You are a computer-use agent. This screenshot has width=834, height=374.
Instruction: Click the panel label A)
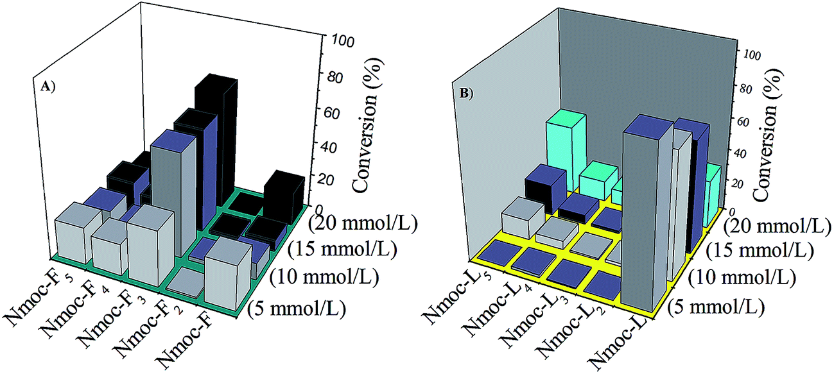point(48,87)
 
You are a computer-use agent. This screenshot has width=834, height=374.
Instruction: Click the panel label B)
point(465,93)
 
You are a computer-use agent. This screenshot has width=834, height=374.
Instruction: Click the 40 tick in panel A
point(327,147)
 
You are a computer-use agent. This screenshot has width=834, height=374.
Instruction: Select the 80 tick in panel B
point(742,88)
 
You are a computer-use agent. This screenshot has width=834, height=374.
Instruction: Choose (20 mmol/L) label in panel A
point(363,223)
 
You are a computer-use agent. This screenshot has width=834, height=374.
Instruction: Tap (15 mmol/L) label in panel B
point(760,251)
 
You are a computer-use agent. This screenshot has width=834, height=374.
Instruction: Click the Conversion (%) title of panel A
point(365,125)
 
